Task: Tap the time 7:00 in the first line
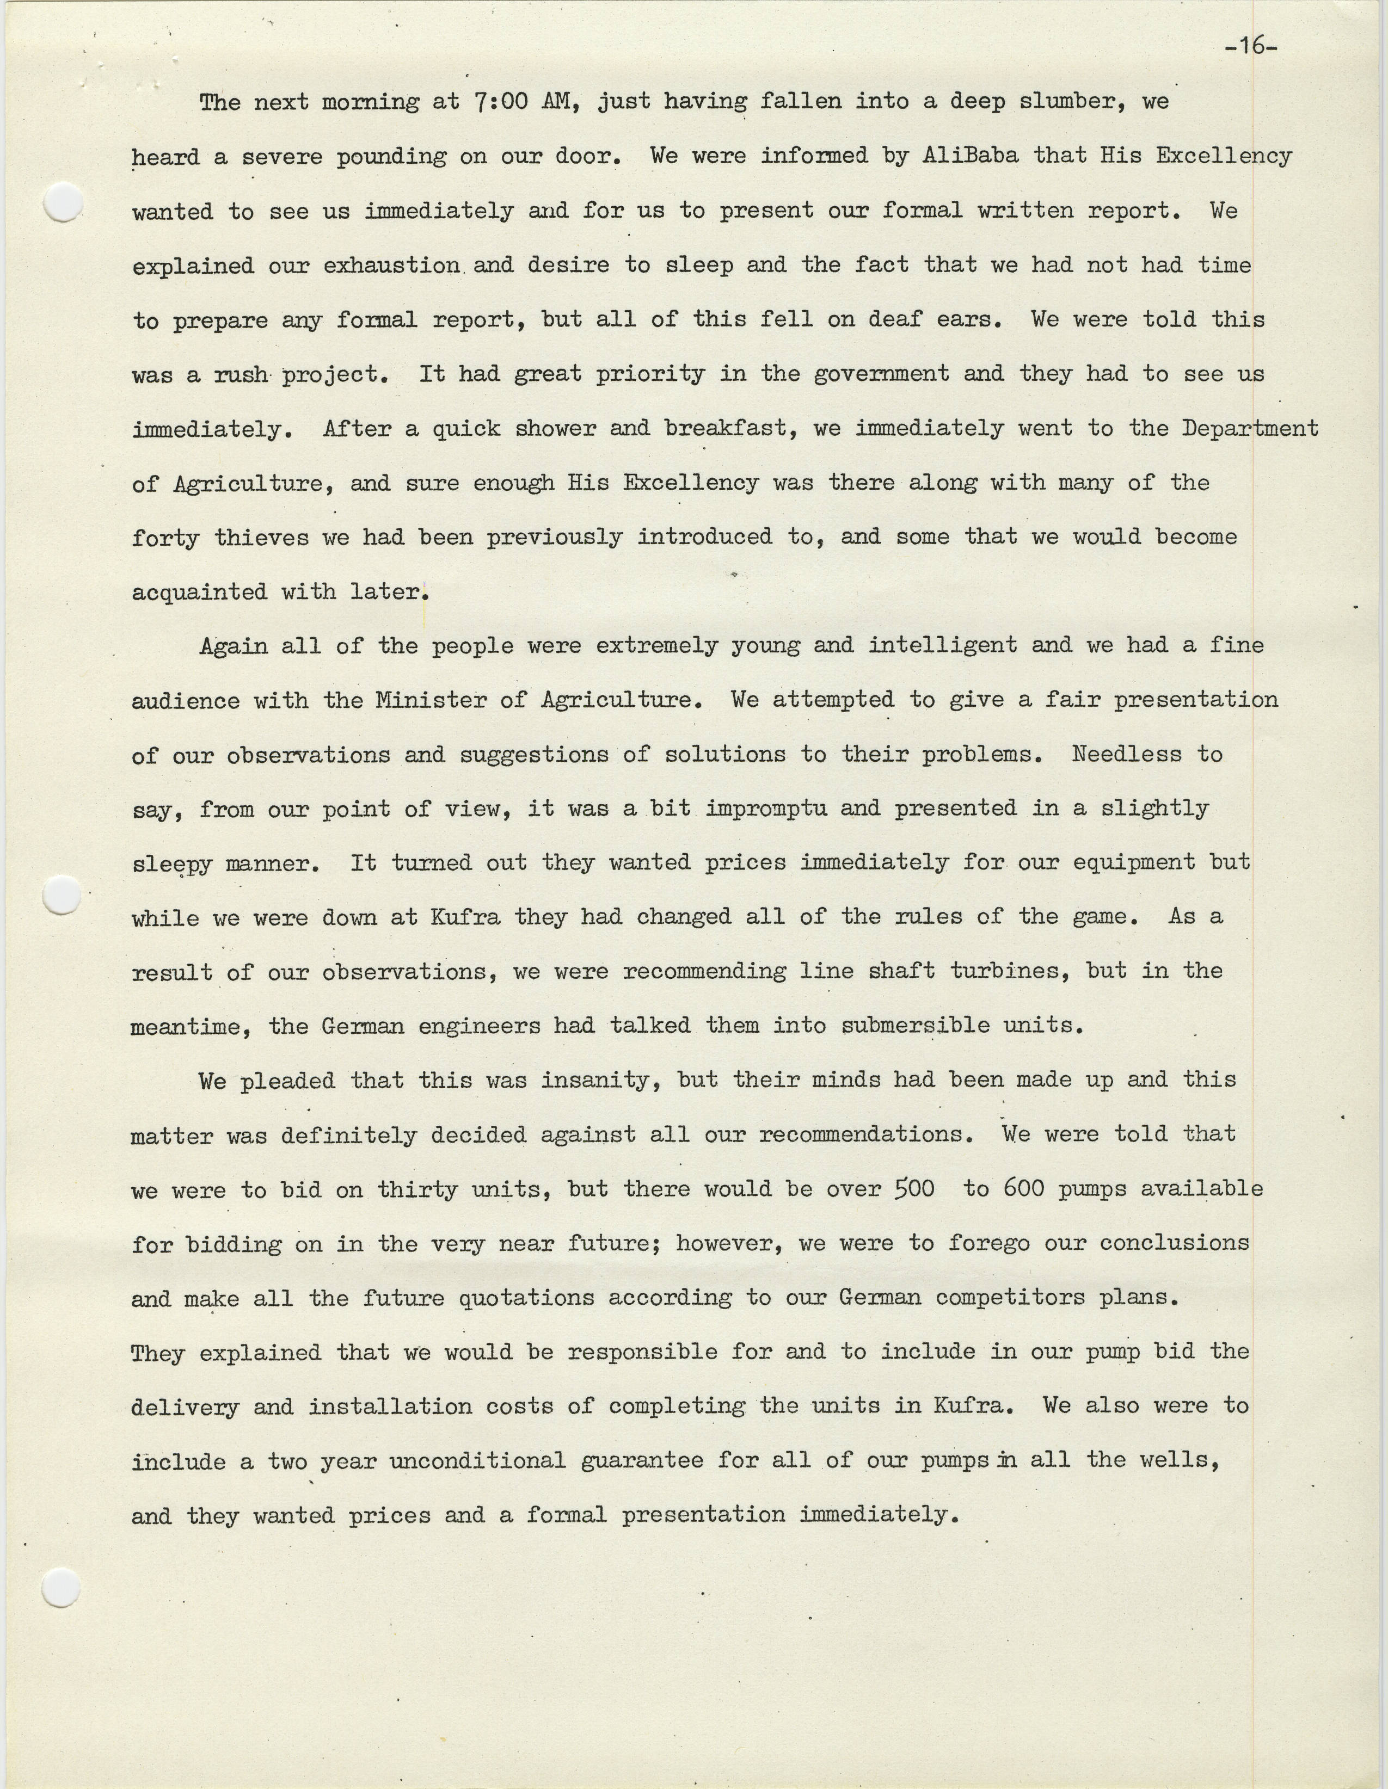(x=498, y=102)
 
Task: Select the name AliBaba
(x=971, y=156)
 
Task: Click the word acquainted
(x=199, y=591)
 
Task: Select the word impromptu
(x=766, y=809)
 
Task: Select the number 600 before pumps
(x=1023, y=1188)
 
